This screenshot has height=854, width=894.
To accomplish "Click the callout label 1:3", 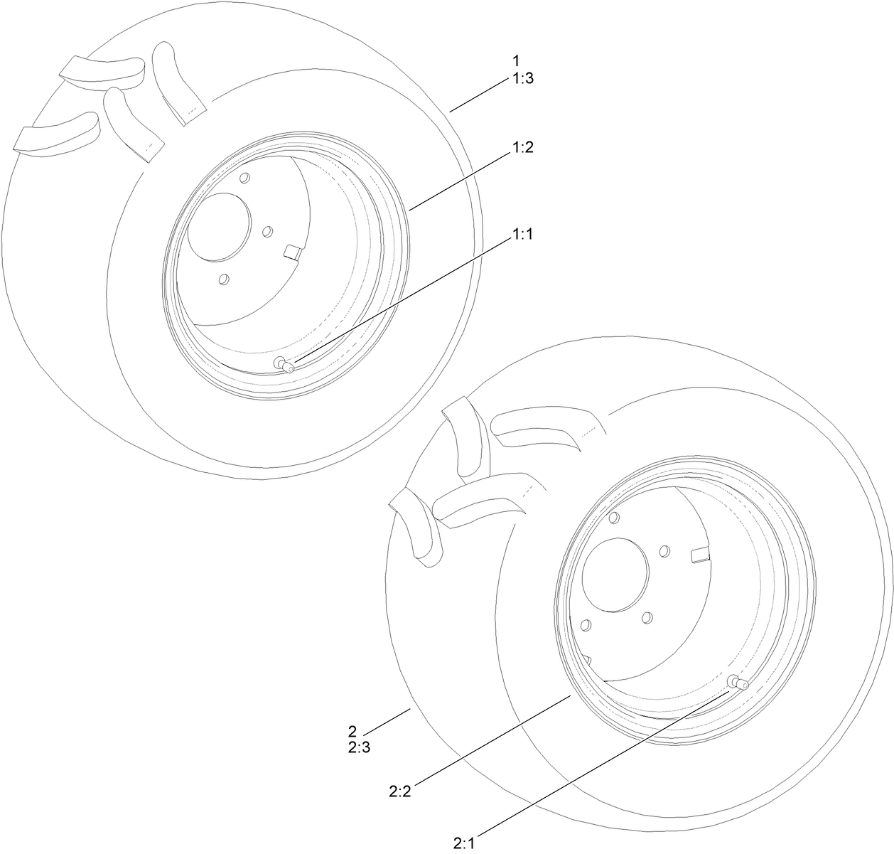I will click(x=522, y=79).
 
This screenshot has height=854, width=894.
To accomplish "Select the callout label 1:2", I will click(x=522, y=148).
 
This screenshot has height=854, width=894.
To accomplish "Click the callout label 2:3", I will click(x=358, y=747).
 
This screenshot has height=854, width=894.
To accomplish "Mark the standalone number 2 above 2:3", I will click(x=352, y=731).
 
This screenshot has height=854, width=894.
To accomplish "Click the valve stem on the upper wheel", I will click(x=286, y=365).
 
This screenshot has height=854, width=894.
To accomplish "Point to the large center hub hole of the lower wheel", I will click(x=615, y=575).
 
